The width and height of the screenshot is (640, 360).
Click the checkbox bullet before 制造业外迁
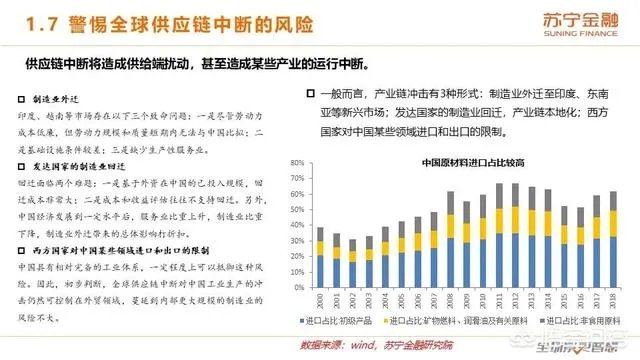(x=24, y=99)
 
